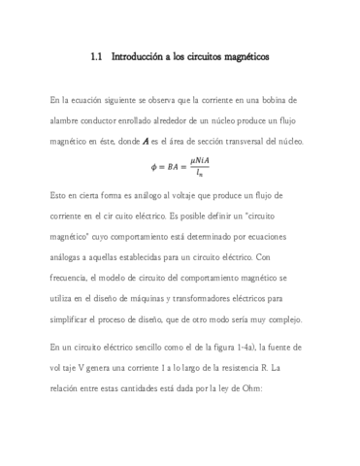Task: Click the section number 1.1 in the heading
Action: point(96,57)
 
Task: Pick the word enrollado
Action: point(155,121)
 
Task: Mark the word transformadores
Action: point(229,301)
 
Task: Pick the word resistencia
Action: point(236,369)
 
